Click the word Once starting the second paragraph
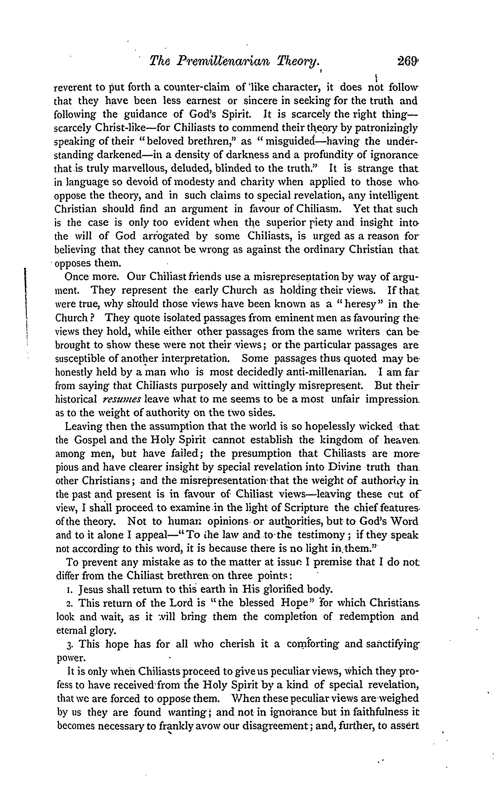coord(76,277)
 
